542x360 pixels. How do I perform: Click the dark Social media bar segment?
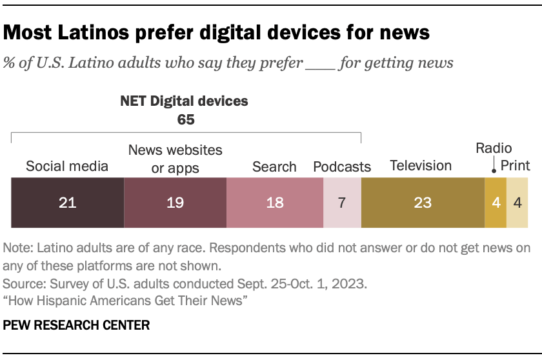(x=67, y=203)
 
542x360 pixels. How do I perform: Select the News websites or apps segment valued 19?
(x=175, y=203)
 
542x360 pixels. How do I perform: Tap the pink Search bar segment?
(x=274, y=203)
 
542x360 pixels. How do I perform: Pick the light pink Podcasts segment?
(x=342, y=203)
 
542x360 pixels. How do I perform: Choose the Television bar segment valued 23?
(x=423, y=203)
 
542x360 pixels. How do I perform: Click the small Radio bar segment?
(x=496, y=203)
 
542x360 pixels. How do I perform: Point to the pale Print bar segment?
(x=517, y=203)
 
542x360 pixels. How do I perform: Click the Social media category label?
(x=67, y=166)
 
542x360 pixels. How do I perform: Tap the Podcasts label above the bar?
(x=342, y=167)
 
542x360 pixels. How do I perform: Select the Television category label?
(x=421, y=166)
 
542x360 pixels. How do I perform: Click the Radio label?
(x=494, y=148)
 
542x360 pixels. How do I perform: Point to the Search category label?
(x=274, y=166)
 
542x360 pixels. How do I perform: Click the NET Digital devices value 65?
(x=186, y=119)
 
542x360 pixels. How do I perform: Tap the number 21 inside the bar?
(x=67, y=203)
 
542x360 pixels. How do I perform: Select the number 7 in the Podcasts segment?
(x=342, y=203)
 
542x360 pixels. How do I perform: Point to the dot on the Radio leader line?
(x=494, y=172)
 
